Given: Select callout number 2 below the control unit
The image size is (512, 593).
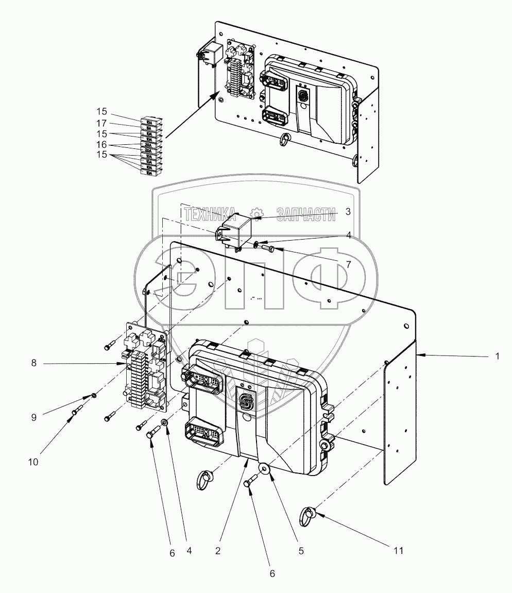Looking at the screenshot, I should tap(218, 551).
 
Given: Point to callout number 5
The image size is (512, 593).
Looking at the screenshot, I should tap(301, 551).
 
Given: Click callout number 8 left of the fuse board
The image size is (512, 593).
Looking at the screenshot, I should tap(33, 364).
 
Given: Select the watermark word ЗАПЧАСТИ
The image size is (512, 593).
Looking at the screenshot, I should tap(305, 213).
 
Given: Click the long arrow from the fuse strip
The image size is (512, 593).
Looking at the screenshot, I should tap(191, 116).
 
